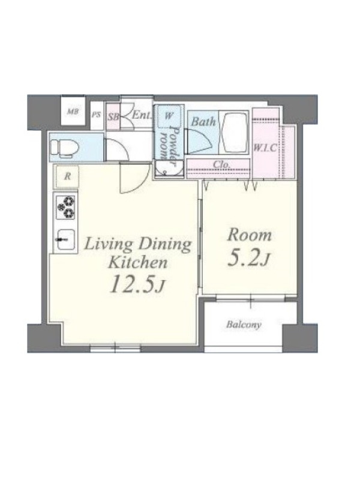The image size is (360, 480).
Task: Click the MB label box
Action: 73,111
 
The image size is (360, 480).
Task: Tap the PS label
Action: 97,115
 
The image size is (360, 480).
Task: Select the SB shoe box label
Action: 113,117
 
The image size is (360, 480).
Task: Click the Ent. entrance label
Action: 142,115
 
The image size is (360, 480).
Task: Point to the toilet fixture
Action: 64,148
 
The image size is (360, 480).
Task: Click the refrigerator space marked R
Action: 67,176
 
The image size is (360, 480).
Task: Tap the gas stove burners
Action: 66,207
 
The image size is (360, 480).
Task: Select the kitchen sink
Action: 65,239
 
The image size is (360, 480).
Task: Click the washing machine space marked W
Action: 169,116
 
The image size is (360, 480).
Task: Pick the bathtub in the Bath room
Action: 235,133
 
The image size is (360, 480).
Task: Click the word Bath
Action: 203,122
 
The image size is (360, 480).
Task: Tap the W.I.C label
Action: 265,148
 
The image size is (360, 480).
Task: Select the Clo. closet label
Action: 221,164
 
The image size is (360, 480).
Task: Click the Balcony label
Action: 244,325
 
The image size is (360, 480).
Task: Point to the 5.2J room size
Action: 249,258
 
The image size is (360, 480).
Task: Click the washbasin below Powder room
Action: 169,169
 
